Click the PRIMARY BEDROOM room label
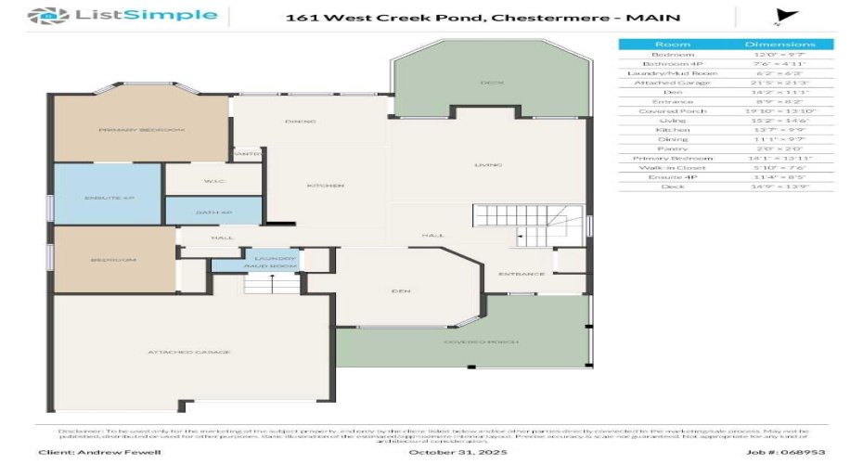tap(141, 130)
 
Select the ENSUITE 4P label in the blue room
tap(97, 198)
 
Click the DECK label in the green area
tap(491, 84)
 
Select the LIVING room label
tap(488, 165)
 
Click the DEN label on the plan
tap(401, 291)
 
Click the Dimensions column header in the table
tap(779, 45)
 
